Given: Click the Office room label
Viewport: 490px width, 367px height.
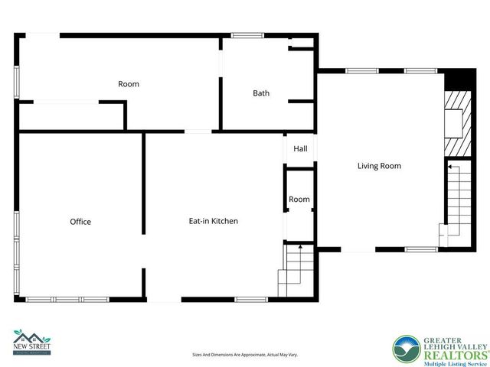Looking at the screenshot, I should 80,222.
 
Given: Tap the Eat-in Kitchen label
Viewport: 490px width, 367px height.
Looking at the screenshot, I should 214,221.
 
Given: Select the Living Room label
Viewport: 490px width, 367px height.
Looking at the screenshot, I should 379,165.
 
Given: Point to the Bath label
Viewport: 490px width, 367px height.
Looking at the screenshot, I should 261,93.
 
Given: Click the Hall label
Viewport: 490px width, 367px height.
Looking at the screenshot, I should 300,148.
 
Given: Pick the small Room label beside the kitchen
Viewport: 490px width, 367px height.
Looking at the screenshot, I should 299,200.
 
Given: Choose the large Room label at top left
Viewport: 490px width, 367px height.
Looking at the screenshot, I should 129,84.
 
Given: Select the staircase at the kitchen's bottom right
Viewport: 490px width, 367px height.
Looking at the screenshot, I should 296,271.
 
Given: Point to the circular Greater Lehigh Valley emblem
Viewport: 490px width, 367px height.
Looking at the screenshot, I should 407,349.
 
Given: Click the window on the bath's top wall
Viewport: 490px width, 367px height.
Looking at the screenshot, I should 247,35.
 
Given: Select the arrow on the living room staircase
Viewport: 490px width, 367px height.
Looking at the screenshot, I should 450,164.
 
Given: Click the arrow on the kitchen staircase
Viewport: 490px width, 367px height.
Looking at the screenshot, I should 300,248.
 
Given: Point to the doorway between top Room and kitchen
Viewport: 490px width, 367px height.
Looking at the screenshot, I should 198,132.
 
